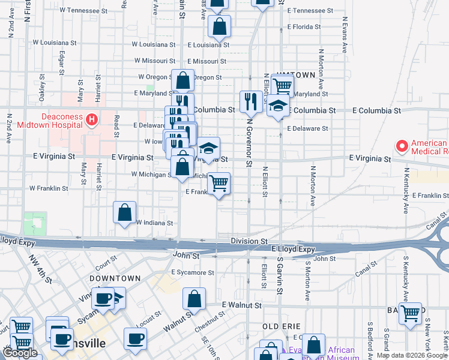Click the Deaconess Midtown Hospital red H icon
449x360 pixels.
pyautogui.click(x=92, y=119)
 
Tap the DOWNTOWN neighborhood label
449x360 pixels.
pyautogui.click(x=115, y=278)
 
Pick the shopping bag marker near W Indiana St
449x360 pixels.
pyautogui.click(x=124, y=212)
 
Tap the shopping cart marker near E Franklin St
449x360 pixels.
pyautogui.click(x=219, y=182)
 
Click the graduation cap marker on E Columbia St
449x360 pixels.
pyautogui.click(x=278, y=106)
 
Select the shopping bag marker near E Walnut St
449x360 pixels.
pyautogui.click(x=194, y=299)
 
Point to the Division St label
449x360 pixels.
pyautogui.click(x=249, y=241)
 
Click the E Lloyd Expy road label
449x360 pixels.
pyautogui.click(x=293, y=249)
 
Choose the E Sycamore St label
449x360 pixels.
pyautogui.click(x=192, y=272)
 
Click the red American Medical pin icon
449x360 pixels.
pyautogui.click(x=401, y=145)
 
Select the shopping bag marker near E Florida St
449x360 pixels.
pyautogui.click(x=220, y=26)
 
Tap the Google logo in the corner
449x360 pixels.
pyautogui.click(x=20, y=353)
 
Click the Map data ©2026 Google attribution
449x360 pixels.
pyautogui.click(x=412, y=355)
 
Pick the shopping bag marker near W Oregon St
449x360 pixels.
pyautogui.click(x=182, y=80)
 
